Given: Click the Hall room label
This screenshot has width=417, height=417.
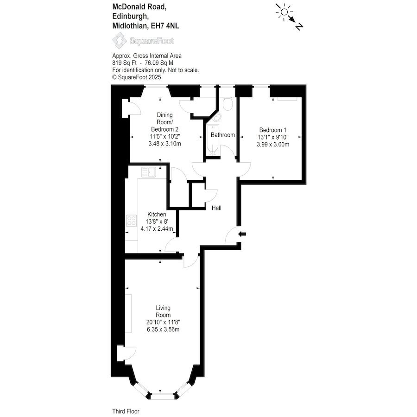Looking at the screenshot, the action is point(216,208).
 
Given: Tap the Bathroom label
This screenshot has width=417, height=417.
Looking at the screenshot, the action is point(223,135).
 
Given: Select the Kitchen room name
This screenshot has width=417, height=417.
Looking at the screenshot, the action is point(157,215).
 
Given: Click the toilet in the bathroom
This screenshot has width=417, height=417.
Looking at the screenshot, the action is point(228,104).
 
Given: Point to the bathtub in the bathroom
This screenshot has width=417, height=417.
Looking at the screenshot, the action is point(213,140).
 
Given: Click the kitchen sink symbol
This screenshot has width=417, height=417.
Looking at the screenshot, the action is point(149,172).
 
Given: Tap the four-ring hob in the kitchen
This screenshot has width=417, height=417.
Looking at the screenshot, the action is point(132,221).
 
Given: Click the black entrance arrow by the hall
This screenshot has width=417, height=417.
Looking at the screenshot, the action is point(242,234).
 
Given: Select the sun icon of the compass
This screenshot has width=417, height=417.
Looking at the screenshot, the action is point(284,12).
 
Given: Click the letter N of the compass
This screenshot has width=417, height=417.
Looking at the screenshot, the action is point(299,26).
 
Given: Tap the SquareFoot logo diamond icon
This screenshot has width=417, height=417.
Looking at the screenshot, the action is point(120,41).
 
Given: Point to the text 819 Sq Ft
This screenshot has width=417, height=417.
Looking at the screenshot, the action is point(125,63).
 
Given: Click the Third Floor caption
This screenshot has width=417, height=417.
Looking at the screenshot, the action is point(126,411).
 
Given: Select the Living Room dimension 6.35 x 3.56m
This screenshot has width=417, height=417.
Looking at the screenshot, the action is point(163,329).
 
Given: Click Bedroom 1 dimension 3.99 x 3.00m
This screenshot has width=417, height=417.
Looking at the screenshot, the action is point(273,145).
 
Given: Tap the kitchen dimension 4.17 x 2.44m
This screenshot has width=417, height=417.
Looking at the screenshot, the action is point(157,229).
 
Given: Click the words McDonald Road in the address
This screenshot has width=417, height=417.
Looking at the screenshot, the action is point(139,6).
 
